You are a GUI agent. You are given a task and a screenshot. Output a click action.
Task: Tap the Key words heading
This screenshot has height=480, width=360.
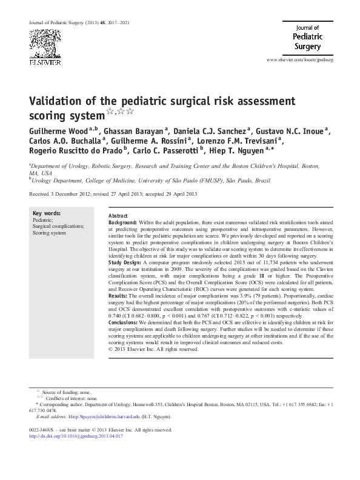(x=46, y=213)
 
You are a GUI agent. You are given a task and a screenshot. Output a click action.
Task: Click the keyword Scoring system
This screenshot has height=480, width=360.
(x=49, y=232)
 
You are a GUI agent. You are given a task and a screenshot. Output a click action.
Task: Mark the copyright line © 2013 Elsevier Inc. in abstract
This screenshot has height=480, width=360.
(x=153, y=350)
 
